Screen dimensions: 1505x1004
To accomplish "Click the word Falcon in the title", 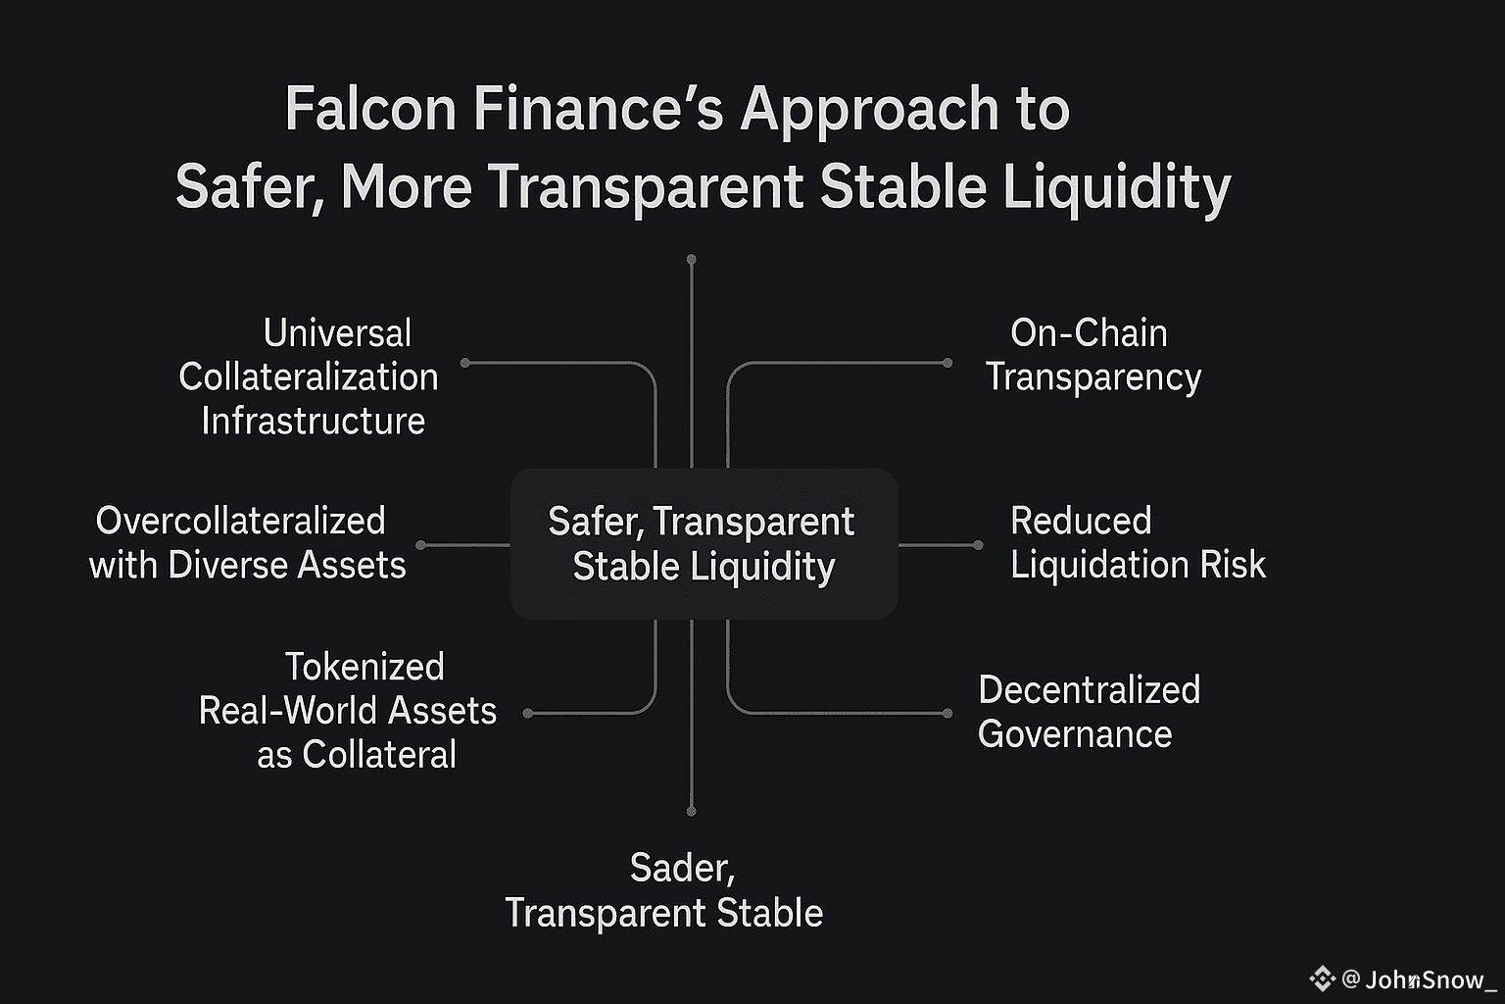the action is (370, 109).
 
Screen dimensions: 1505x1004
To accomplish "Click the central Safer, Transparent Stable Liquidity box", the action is (703, 544).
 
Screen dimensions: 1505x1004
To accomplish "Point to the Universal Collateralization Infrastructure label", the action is (310, 377).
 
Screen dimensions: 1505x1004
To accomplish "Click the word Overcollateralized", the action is (240, 521).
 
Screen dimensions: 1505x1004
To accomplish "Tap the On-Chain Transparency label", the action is (1092, 355).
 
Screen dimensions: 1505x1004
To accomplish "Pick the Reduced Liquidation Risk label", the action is (1137, 543).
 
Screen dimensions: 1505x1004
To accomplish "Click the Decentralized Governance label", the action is (1088, 712).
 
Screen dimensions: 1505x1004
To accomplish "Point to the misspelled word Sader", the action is (681, 868).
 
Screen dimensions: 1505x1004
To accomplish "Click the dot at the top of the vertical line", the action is (692, 260).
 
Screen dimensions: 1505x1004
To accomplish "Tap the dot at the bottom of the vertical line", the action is (692, 811).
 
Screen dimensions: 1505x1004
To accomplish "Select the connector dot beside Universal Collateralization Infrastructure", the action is (465, 363).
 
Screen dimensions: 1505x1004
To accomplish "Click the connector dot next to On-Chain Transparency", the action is (947, 363).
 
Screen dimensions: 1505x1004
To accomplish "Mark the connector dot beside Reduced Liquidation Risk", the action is (978, 545).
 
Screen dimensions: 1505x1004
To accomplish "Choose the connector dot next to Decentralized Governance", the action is (947, 714).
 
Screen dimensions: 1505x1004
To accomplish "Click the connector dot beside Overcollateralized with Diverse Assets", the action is (421, 545).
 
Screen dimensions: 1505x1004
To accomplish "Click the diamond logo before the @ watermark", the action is (1323, 979).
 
